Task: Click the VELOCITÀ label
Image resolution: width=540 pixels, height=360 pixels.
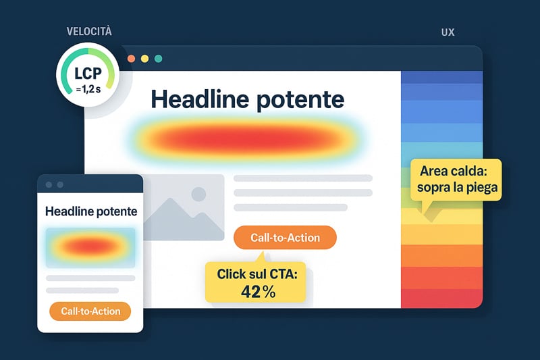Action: click(x=89, y=31)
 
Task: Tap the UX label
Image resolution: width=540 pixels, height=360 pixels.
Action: click(x=448, y=32)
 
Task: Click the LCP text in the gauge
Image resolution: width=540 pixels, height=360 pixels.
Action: click(x=88, y=74)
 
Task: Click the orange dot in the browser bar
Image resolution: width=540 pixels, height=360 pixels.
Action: click(x=131, y=59)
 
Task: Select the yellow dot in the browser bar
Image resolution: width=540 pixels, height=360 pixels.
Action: click(x=144, y=59)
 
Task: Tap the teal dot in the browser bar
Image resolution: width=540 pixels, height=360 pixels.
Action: click(x=159, y=59)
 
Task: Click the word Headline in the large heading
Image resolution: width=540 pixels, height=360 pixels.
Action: click(x=200, y=99)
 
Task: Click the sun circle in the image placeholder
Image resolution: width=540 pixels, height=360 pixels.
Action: click(x=198, y=194)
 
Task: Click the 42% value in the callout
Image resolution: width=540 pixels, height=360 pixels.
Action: click(x=259, y=292)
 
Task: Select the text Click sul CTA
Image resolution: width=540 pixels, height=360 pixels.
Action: click(x=257, y=274)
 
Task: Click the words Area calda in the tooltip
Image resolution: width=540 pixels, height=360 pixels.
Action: click(x=454, y=171)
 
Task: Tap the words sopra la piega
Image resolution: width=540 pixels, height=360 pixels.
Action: click(x=458, y=188)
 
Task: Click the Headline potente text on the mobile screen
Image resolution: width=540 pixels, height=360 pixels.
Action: click(x=91, y=211)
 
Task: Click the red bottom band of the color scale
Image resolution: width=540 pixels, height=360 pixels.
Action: click(x=442, y=299)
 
